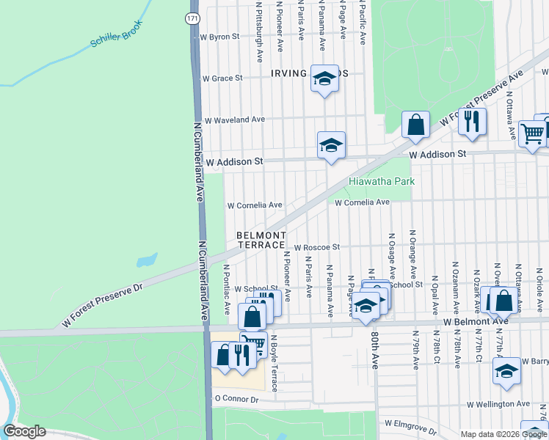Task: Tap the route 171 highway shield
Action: click(192, 18)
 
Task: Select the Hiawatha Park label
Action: click(382, 181)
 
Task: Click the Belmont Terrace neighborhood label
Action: click(261, 239)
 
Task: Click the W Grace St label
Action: click(222, 78)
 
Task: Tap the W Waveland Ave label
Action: click(234, 120)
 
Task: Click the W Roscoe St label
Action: click(317, 248)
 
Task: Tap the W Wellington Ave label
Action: click(498, 403)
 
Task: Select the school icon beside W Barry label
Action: click(506, 370)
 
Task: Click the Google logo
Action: click(25, 431)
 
